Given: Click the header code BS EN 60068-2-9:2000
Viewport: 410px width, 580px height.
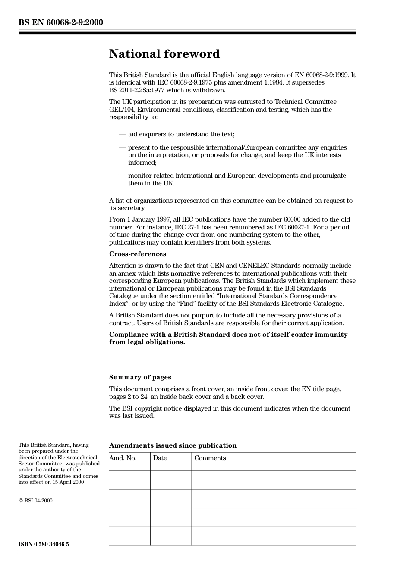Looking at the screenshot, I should (x=61, y=22).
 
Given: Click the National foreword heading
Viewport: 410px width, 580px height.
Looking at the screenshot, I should (x=164, y=54).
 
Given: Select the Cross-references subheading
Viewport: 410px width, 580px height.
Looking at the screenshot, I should (x=137, y=254).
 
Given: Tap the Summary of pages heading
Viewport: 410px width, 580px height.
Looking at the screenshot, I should (x=140, y=377).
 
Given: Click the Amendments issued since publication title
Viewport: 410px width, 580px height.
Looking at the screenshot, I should (x=173, y=445).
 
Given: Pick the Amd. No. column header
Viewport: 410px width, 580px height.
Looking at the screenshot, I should (x=123, y=458).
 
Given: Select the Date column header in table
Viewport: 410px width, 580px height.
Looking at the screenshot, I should (x=160, y=458).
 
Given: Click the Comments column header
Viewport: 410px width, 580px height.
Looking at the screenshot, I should (x=210, y=458).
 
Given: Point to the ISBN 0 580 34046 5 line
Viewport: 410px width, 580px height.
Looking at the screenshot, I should (x=44, y=544).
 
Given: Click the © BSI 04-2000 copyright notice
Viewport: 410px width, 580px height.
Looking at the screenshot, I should (x=35, y=501).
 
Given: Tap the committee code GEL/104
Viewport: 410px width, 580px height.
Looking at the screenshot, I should (x=121, y=110).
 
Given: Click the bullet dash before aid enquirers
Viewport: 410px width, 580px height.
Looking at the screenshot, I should (x=122, y=134).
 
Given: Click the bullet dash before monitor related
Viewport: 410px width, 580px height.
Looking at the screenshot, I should (x=122, y=176).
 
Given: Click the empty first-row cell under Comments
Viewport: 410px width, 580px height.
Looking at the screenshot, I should (x=274, y=480).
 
